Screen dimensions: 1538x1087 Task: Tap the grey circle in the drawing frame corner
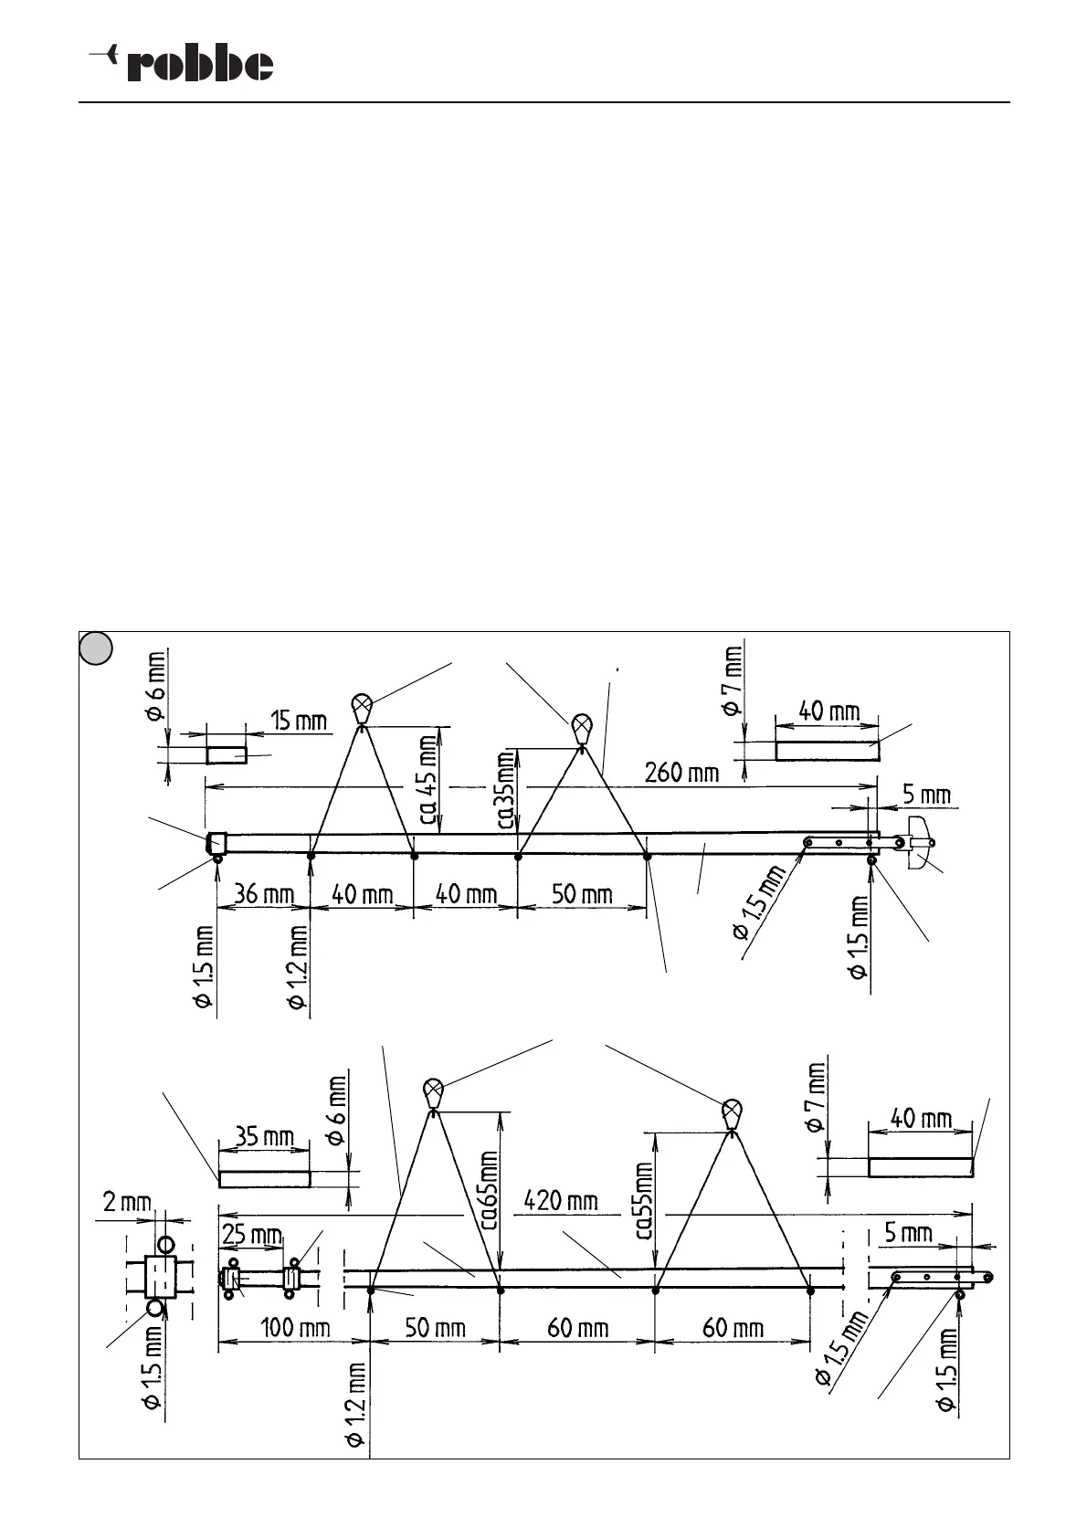tap(94, 648)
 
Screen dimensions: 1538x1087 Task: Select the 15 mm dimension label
tap(299, 722)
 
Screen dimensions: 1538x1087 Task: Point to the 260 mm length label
tap(681, 773)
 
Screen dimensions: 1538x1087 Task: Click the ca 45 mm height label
tap(427, 775)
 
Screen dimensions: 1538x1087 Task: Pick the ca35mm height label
tap(507, 791)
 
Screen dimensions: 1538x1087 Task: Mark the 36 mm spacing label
tap(264, 893)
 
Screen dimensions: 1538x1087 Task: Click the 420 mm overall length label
tap(560, 1199)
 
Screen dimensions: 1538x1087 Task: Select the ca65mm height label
tap(490, 1190)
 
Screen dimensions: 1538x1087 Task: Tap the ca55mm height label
tap(645, 1200)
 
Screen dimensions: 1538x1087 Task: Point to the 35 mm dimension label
tap(265, 1137)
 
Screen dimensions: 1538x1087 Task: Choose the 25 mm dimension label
tap(252, 1235)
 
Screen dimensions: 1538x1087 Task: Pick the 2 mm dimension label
tap(127, 1203)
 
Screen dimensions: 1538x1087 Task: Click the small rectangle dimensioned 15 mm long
tap(227, 755)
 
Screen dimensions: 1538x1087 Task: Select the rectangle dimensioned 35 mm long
tap(265, 1179)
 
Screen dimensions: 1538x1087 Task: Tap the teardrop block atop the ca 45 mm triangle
tap(363, 707)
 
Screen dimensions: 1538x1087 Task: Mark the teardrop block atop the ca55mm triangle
tap(731, 1113)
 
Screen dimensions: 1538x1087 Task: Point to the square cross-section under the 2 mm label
tap(161, 1276)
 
